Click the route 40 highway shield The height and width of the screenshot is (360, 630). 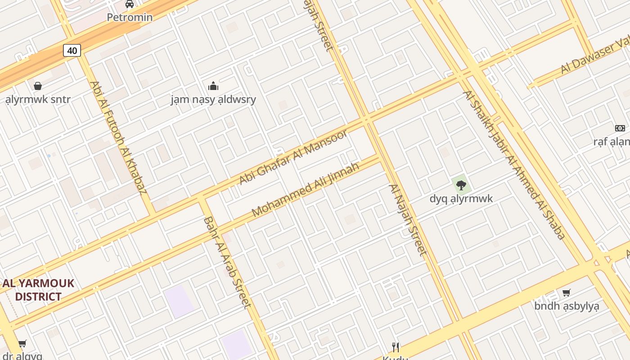(72, 50)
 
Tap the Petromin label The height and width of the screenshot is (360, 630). (130, 17)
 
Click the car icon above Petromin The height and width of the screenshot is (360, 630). (130, 4)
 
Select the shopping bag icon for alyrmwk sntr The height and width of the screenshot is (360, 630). (38, 85)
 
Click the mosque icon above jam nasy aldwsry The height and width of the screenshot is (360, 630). (213, 85)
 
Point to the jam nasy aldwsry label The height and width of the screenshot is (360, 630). (213, 99)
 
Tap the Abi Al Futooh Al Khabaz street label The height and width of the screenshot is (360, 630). (118, 137)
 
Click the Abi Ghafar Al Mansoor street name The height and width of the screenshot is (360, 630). (293, 157)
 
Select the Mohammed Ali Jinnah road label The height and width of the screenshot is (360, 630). (306, 189)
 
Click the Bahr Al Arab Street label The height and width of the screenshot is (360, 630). (227, 262)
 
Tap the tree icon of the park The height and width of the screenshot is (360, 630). (461, 184)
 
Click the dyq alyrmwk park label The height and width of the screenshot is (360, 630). (461, 198)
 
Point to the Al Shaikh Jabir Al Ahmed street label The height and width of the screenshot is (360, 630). (513, 165)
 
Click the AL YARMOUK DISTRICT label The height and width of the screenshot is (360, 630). (38, 290)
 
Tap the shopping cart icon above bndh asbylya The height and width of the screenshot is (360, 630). (567, 292)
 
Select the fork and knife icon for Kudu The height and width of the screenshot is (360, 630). (395, 347)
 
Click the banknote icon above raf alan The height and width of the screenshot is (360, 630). (620, 128)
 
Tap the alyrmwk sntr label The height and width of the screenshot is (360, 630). (38, 99)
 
